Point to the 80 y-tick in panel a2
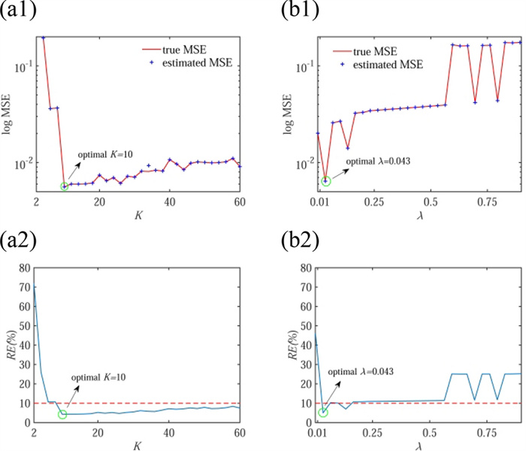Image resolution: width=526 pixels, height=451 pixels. [26, 267]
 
